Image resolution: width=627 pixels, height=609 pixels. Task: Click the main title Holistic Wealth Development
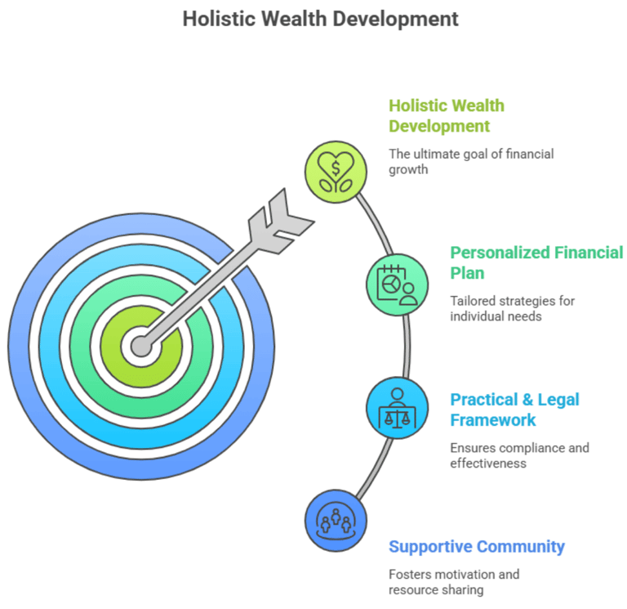pyautogui.click(x=320, y=18)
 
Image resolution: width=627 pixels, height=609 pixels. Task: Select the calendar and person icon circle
pyautogui.click(x=397, y=284)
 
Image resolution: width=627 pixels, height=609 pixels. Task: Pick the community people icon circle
pyautogui.click(x=335, y=520)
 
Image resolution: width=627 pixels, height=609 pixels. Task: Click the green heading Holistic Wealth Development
pyautogui.click(x=446, y=116)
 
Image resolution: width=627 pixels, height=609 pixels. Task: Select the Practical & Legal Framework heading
pyautogui.click(x=515, y=410)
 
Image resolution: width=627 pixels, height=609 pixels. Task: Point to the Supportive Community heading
pyautogui.click(x=477, y=547)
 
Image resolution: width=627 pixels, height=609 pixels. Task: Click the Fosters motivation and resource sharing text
pyautogui.click(x=453, y=582)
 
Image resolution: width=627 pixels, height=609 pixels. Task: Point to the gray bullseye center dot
pyautogui.click(x=141, y=347)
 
